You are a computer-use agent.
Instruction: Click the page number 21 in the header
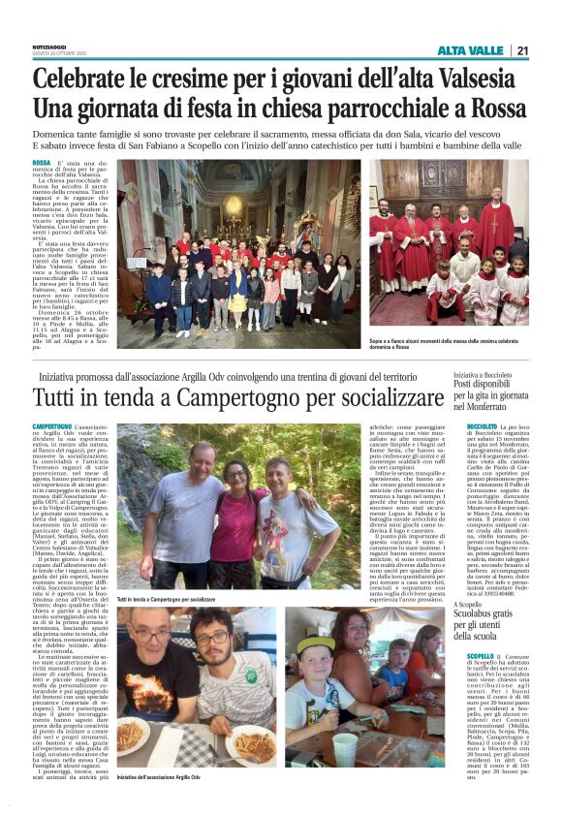522,50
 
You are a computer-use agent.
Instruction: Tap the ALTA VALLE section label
470,50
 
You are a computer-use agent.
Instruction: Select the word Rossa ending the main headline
499,107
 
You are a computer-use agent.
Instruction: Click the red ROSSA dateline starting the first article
42,163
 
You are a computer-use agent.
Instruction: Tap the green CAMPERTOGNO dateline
52,426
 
